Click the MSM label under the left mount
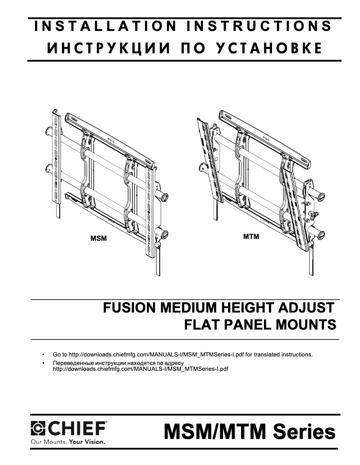click(x=99, y=239)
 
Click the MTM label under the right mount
click(x=251, y=236)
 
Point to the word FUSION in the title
click(x=129, y=309)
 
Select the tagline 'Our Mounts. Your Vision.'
click(x=67, y=441)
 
